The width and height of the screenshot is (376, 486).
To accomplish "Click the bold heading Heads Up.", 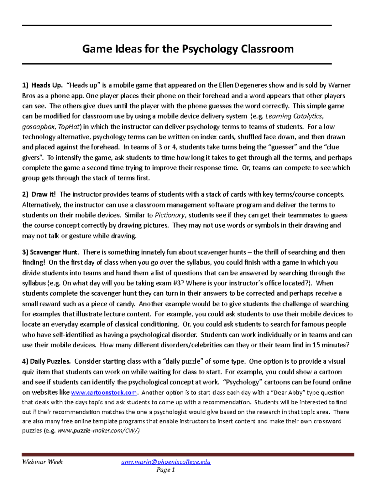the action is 46,85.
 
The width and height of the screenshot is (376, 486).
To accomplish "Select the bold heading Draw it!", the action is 43,194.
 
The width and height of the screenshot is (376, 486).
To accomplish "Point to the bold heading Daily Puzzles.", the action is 50,361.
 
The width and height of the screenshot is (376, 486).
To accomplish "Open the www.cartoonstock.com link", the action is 104,392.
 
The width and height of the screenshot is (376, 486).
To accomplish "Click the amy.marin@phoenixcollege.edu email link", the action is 166,462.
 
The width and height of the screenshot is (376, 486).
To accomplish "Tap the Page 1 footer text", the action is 166,470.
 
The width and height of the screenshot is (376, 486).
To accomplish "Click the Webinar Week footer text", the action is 42,462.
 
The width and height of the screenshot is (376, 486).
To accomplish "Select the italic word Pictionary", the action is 170,215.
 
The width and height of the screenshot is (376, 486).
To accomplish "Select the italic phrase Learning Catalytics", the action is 293,116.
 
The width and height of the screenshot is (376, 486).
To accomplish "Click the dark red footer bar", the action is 188,454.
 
